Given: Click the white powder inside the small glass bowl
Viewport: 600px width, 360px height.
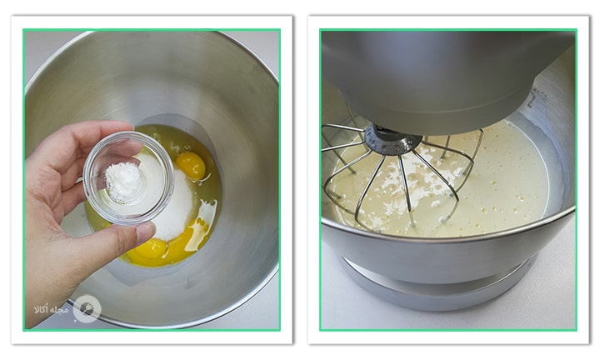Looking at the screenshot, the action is pyautogui.click(x=123, y=182).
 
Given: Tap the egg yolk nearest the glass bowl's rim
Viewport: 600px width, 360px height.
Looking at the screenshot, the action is pyautogui.click(x=191, y=165).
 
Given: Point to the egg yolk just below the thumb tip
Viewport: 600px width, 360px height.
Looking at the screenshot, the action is pyautogui.click(x=150, y=248).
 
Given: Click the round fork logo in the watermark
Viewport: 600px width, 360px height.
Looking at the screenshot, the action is pyautogui.click(x=87, y=308).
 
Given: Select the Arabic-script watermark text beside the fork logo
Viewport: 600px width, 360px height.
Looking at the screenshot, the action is pyautogui.click(x=52, y=309).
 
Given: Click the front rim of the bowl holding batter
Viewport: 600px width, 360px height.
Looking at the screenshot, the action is pyautogui.click(x=447, y=238).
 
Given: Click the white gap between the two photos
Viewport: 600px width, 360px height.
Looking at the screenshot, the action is pyautogui.click(x=300, y=180).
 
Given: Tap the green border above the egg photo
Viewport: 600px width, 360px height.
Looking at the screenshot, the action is pyautogui.click(x=152, y=30).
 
